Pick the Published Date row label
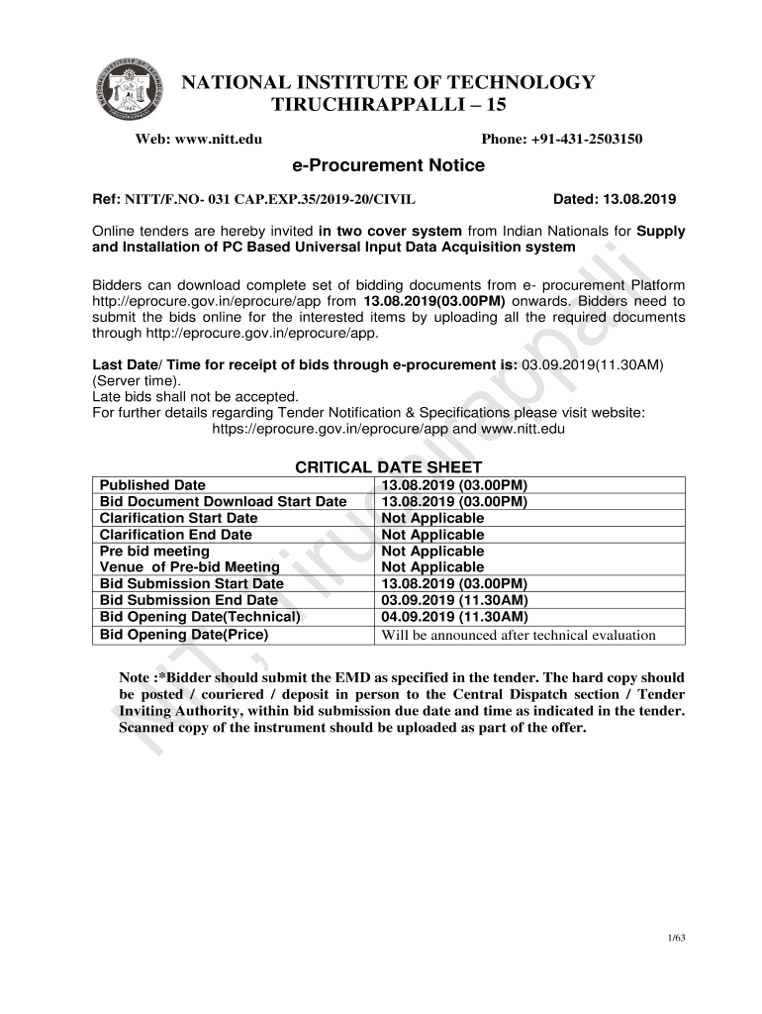tap(153, 485)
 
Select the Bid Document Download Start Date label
tap(224, 502)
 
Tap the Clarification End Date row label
tap(176, 535)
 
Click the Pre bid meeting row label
tap(155, 551)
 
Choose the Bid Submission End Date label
tap(189, 600)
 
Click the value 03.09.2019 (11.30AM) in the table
tap(454, 600)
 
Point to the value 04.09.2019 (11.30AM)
tap(454, 617)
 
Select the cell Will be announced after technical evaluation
tap(519, 635)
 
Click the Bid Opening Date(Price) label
tap(184, 635)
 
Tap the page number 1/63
tap(677, 938)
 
